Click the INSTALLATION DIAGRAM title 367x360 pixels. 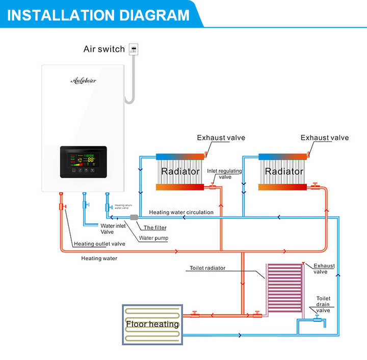pos(98,14)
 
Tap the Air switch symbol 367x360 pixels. pos(135,49)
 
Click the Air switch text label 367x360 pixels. pos(104,49)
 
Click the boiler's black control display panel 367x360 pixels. pos(83,162)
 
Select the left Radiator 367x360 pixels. pos(180,172)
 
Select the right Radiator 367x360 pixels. pos(283,172)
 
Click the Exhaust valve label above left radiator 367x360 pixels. pos(221,137)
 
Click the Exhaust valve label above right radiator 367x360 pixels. pos(324,137)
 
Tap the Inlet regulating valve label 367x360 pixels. pos(224,174)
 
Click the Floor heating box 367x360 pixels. pos(152,324)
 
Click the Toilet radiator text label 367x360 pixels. pos(207,268)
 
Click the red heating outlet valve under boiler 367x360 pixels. pos(61,206)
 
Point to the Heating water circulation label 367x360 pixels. pos(181,212)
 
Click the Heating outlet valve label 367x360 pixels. pos(99,244)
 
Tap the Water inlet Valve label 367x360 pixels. pos(114,229)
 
